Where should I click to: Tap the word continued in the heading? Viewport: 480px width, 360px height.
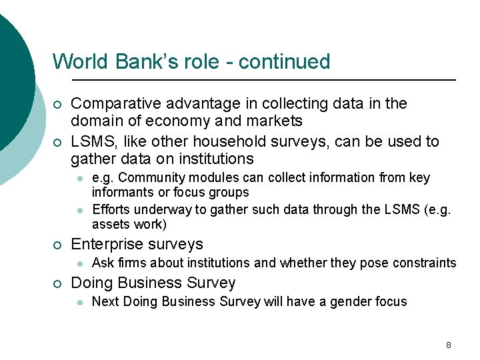tap(284, 62)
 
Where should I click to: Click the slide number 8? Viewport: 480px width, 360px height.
tap(448, 345)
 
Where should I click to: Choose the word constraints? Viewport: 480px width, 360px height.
tap(425, 263)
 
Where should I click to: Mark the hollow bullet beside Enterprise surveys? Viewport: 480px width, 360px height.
tap(58, 245)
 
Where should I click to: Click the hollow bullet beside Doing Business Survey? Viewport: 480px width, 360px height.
tap(58, 283)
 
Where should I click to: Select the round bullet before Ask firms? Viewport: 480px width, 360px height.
tap(79, 263)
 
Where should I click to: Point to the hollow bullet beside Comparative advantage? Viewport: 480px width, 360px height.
tap(58, 105)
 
